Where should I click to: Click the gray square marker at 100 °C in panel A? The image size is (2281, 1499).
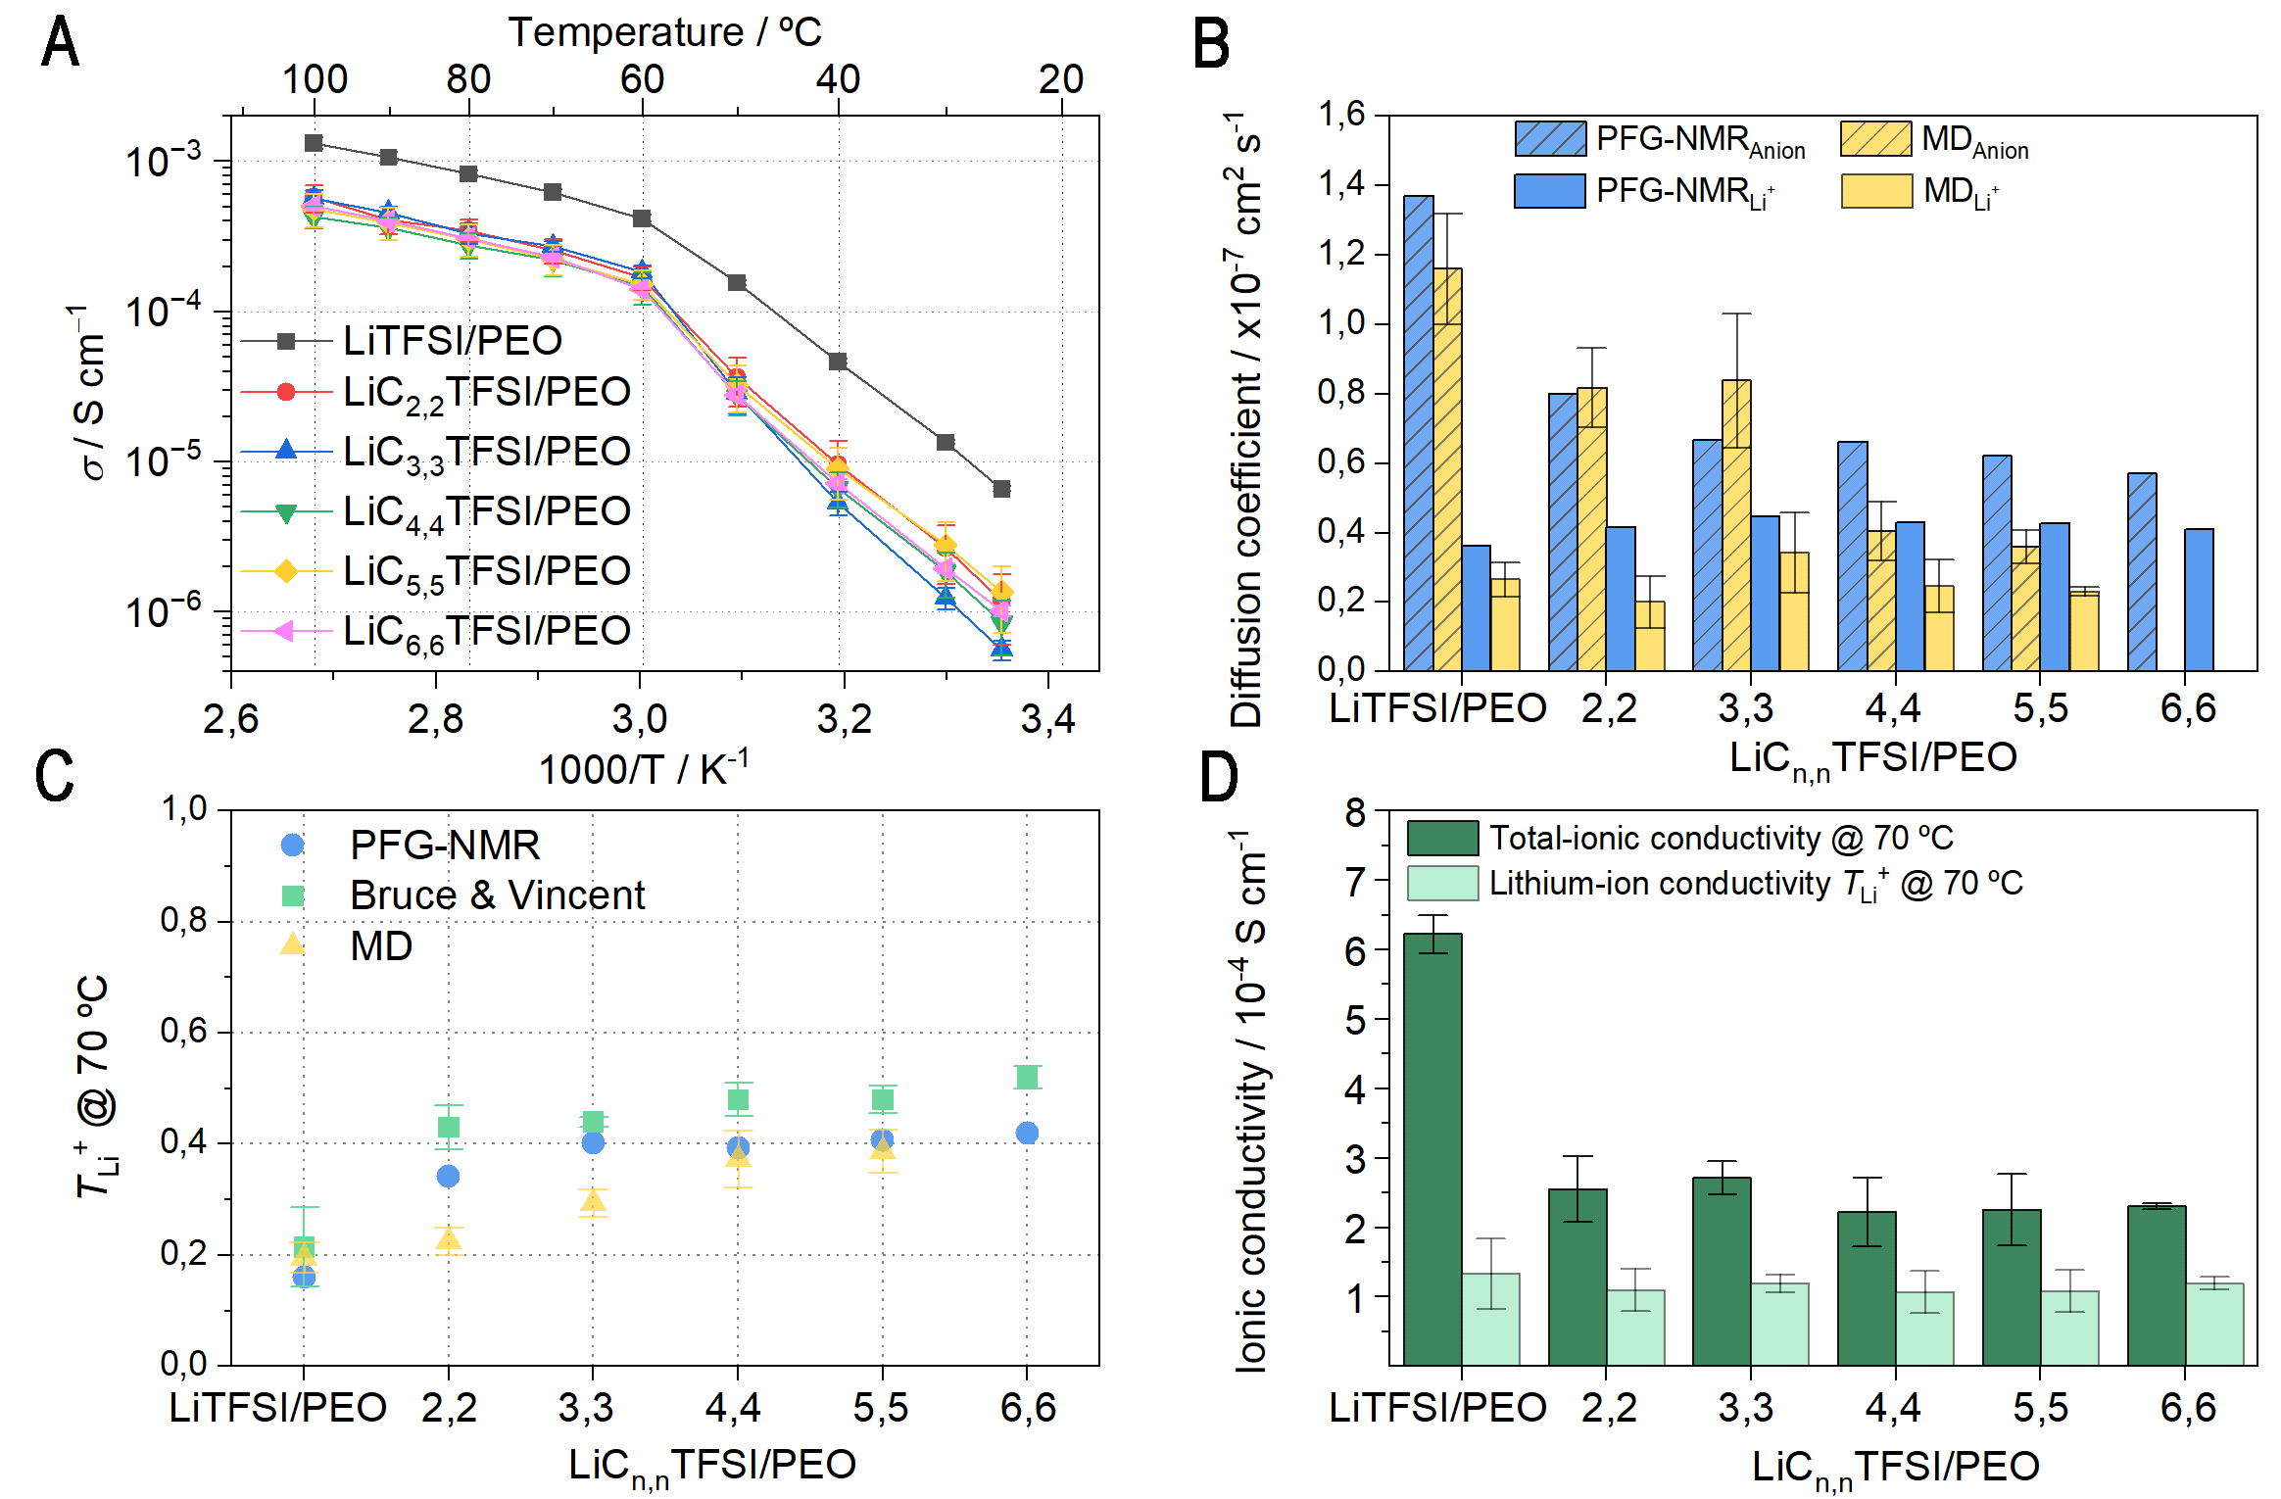click(314, 143)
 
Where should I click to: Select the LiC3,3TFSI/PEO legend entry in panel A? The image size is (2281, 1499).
click(486, 452)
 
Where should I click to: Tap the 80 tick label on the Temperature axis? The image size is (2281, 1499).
click(468, 79)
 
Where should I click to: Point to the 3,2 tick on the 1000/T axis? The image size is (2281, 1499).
click(844, 720)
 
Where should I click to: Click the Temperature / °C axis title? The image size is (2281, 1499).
click(664, 32)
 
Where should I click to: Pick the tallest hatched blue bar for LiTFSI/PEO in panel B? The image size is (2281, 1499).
click(1418, 431)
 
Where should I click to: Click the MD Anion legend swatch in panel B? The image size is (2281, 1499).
click(1875, 139)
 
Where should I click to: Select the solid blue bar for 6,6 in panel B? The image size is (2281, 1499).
click(2199, 600)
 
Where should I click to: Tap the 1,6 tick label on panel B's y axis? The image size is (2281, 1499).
click(1341, 116)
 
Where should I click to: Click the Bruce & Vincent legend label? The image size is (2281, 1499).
click(498, 895)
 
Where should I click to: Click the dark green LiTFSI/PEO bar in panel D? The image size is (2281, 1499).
click(1432, 1148)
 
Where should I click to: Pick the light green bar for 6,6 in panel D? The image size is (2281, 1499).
click(2213, 1324)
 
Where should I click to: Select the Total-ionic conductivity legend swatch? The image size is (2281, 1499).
click(1442, 839)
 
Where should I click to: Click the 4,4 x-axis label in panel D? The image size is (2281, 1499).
click(1892, 1408)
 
